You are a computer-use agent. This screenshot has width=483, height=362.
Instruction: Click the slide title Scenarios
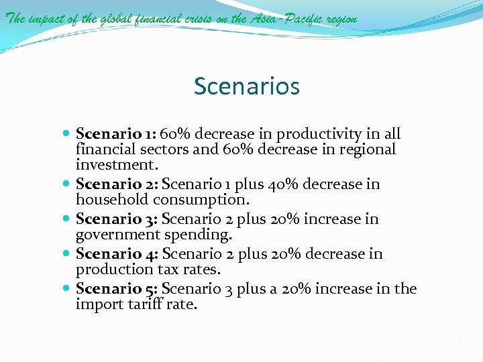246,86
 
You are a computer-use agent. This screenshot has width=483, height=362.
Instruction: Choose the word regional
363,149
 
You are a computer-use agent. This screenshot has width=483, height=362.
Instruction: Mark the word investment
114,164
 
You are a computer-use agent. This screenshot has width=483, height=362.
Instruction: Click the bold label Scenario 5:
117,289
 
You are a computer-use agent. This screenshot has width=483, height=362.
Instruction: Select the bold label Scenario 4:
117,254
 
